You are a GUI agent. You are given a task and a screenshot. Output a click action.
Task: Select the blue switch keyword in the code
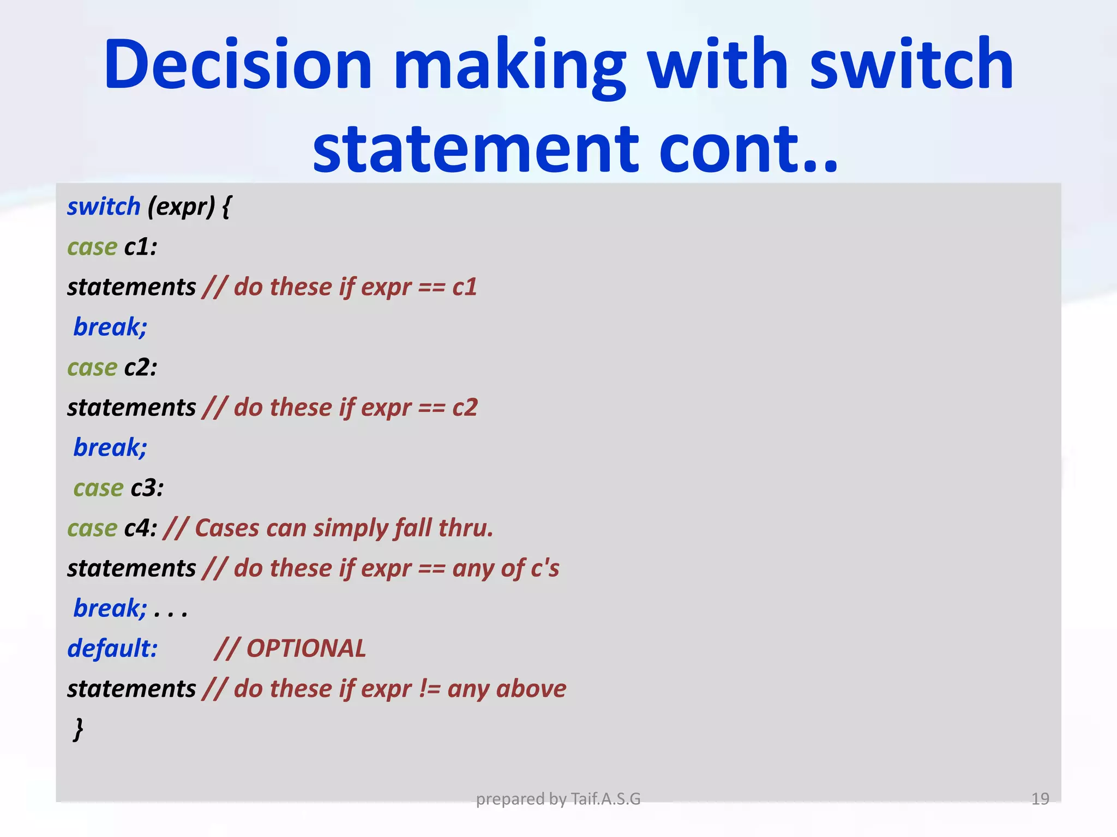tap(104, 207)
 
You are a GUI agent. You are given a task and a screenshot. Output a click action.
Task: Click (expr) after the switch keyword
tap(181, 207)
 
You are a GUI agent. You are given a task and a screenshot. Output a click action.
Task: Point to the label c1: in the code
tap(141, 247)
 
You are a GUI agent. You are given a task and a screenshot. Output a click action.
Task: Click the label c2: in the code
tap(141, 368)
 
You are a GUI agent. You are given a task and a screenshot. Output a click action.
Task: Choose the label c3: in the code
tap(147, 488)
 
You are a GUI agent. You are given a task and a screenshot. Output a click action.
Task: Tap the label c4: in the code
tap(141, 529)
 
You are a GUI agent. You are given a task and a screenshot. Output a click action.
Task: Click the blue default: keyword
tap(112, 648)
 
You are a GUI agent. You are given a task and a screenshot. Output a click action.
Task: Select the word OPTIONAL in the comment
tap(306, 648)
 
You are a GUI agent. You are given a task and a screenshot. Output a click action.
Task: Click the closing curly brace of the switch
tap(79, 729)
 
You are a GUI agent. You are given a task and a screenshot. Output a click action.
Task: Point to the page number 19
tap(1040, 799)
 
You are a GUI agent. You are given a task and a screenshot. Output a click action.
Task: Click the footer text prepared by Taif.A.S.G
tap(558, 799)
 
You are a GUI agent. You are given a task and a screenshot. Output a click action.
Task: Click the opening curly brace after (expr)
tap(227, 207)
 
